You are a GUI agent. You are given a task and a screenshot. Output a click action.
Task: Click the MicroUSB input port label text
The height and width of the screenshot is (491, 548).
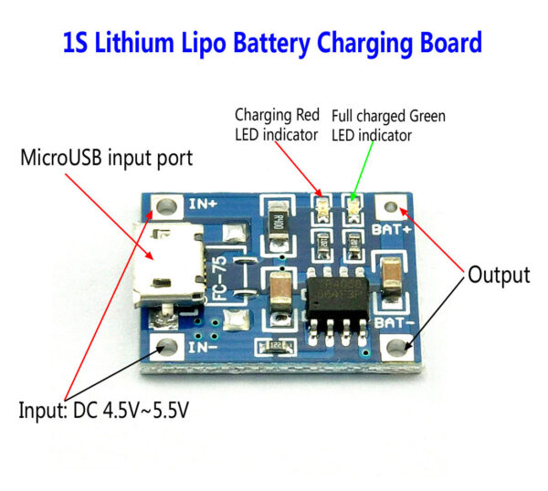tap(106, 158)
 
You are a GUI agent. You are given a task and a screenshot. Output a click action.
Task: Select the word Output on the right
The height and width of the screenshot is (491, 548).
tap(499, 275)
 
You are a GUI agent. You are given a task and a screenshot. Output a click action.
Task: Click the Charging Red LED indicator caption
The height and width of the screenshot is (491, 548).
tap(277, 125)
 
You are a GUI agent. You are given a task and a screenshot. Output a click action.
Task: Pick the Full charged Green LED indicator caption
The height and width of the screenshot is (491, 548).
tap(387, 126)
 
